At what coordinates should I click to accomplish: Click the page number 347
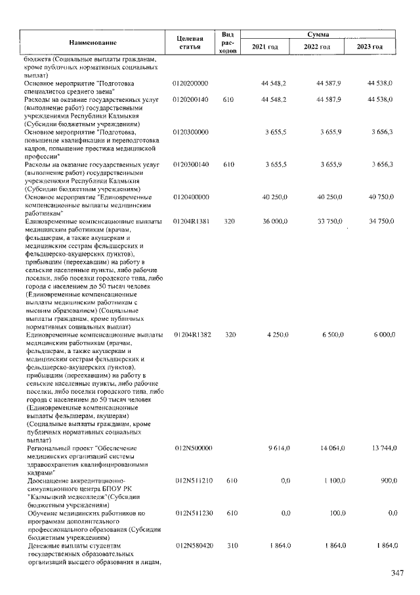coord(397,574)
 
